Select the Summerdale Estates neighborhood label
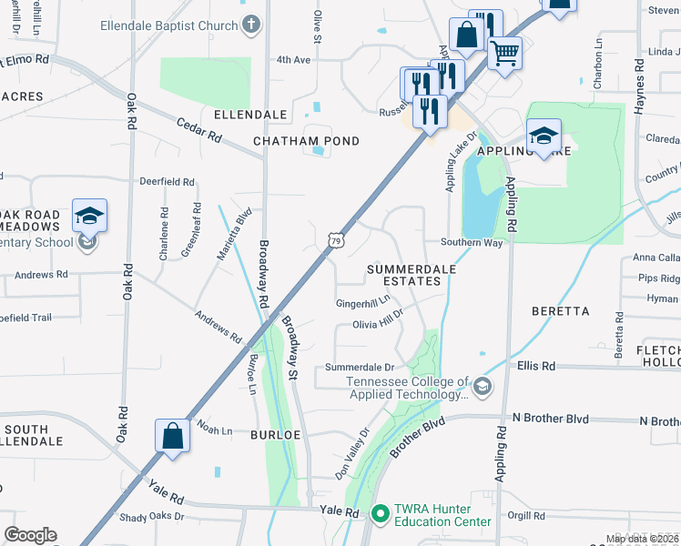[404, 275]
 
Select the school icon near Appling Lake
[544, 137]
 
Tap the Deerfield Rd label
[168, 182]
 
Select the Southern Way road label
[472, 243]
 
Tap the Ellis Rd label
[536, 366]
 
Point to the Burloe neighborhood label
[275, 435]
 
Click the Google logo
[30, 535]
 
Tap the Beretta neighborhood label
[561, 311]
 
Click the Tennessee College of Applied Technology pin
[482, 388]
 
